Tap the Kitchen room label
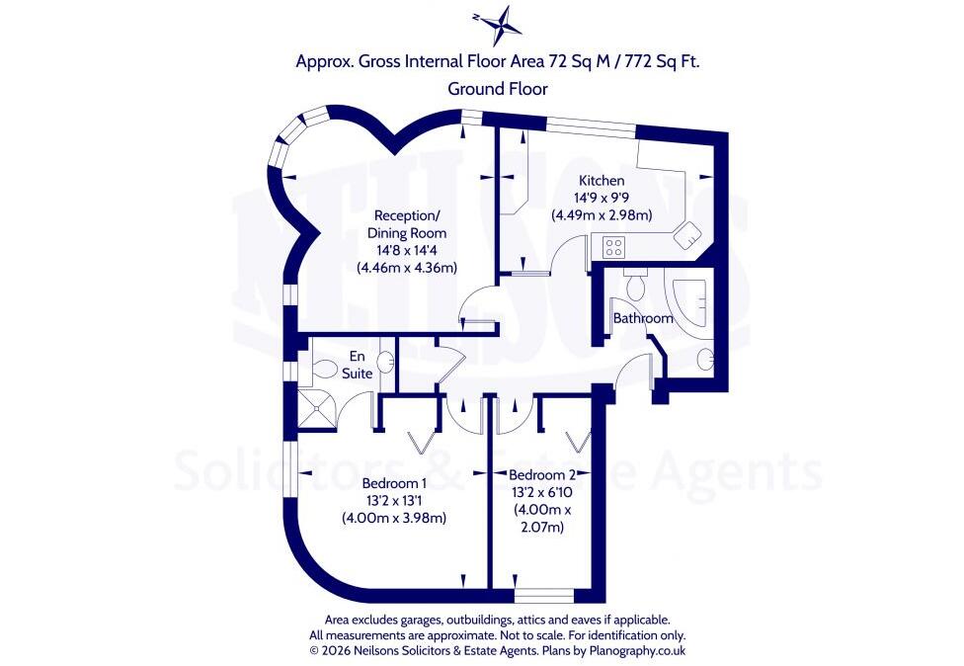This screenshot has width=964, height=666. [602, 181]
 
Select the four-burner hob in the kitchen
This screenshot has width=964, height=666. [613, 247]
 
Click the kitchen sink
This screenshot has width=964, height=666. [688, 234]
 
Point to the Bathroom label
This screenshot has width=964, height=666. [643, 318]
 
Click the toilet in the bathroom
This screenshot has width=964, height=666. [633, 284]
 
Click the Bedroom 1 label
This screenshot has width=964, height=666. [394, 483]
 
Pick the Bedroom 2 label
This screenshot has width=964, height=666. [543, 475]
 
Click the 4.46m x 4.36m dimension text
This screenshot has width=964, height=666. [407, 268]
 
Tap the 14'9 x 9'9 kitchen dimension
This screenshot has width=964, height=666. [602, 198]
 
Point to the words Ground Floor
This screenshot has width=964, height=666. [498, 89]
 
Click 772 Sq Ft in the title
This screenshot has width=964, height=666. [662, 61]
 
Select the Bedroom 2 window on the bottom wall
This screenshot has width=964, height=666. [544, 596]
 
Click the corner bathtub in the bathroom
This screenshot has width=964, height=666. [688, 301]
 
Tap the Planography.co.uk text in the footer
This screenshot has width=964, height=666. [637, 650]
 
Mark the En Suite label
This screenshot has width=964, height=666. [358, 365]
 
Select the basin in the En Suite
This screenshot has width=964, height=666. [387, 361]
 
